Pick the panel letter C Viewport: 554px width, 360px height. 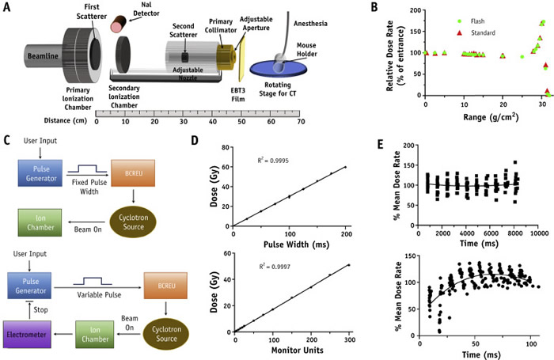pyautogui.click(x=8, y=142)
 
